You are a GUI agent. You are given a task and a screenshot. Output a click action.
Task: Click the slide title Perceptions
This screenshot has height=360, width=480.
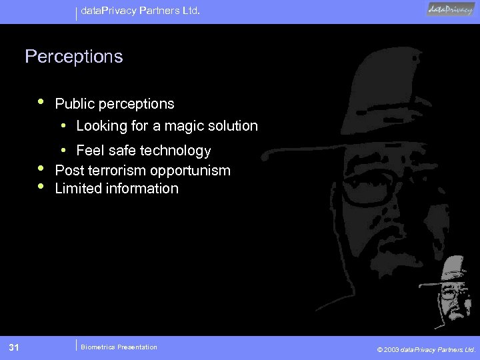(74, 57)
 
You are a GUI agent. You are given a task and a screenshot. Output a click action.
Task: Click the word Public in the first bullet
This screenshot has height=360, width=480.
(74, 104)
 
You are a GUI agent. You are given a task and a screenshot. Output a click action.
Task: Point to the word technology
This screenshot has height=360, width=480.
(175, 151)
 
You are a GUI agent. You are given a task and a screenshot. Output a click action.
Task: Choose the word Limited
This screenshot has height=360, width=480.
(78, 189)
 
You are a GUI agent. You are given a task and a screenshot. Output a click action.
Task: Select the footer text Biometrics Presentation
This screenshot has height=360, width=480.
(119, 347)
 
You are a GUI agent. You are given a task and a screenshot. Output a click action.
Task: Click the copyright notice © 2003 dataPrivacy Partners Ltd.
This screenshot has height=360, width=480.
(426, 349)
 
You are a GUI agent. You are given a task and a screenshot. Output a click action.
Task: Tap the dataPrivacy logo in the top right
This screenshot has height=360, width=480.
(451, 9)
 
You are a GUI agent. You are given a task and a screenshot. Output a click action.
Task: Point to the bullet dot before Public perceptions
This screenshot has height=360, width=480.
(41, 102)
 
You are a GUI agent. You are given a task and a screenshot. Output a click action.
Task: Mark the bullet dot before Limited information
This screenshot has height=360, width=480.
(41, 187)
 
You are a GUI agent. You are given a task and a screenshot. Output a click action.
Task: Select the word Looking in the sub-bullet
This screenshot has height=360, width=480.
(101, 125)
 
